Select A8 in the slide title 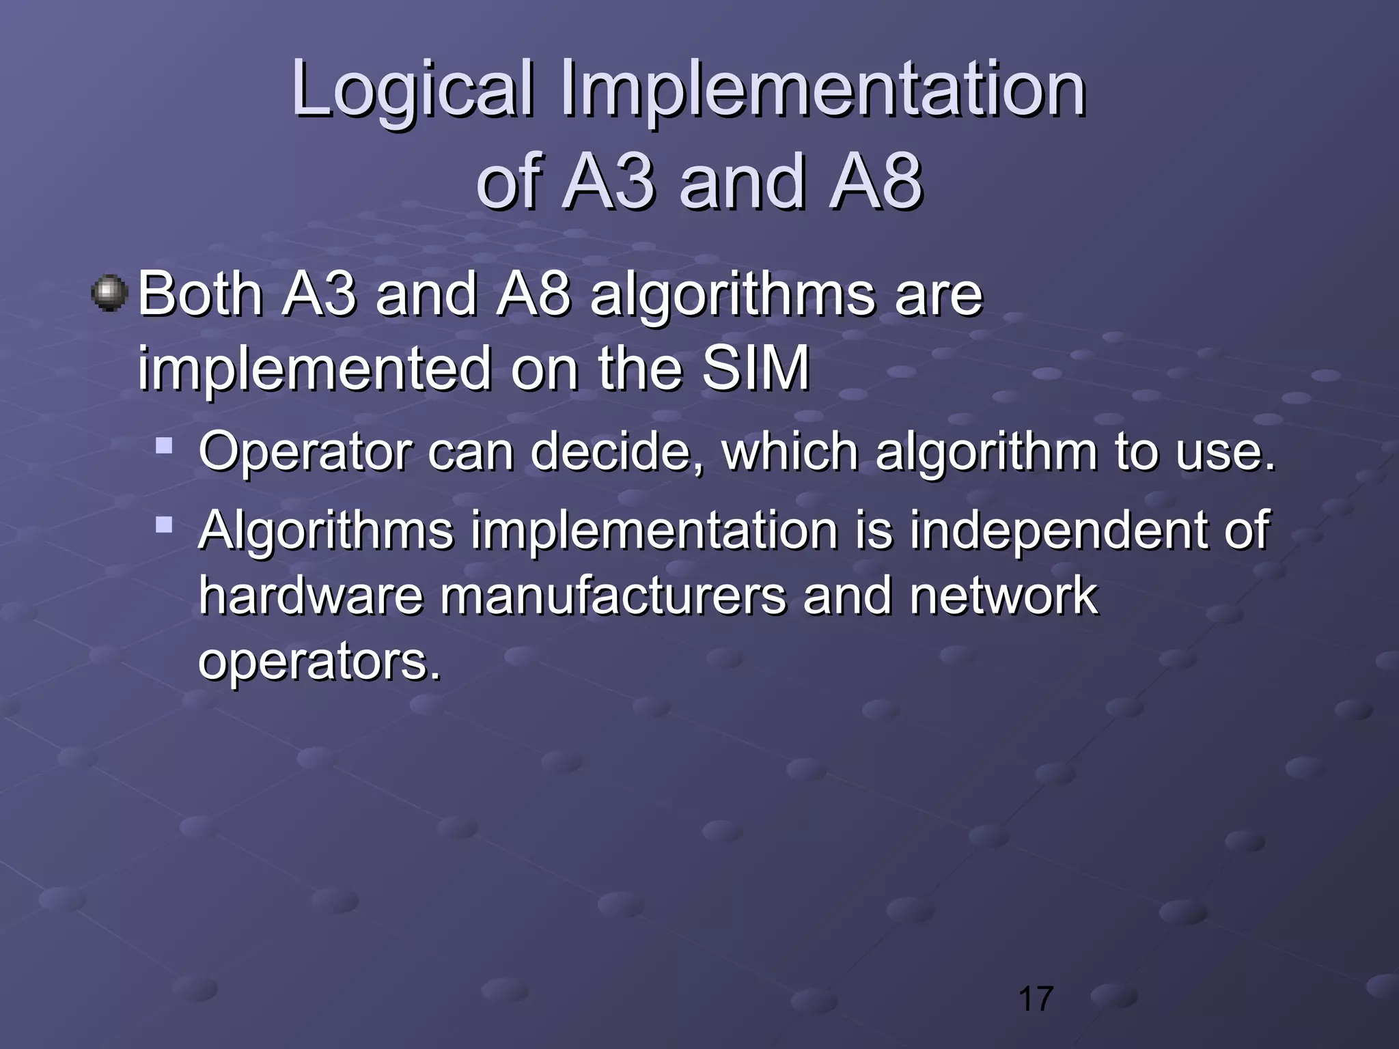pos(875,181)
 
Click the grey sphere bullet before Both pos(109,294)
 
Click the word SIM pos(756,369)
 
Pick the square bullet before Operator pos(164,447)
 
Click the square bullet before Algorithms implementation pos(164,524)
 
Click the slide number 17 pos(1036,999)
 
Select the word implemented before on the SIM pos(314,369)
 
